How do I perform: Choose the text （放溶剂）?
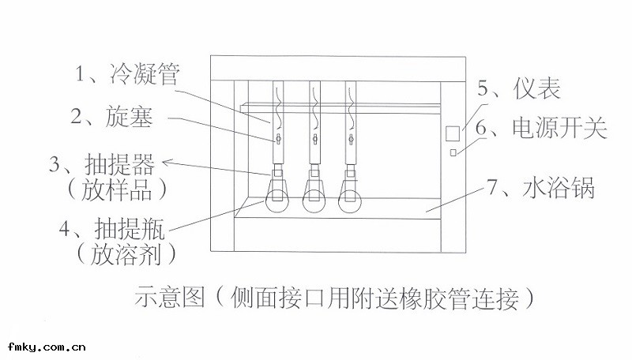[118, 254]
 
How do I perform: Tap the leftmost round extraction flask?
[278, 200]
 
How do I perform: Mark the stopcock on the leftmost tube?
[278, 140]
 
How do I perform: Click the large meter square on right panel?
[453, 132]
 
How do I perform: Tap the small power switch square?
[453, 152]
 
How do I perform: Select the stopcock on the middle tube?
[314, 140]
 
